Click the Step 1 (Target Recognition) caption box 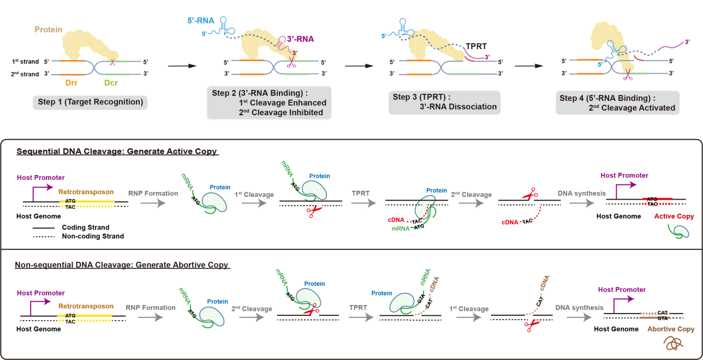click(x=90, y=102)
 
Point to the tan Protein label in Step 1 click(x=49, y=29)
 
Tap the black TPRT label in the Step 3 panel click(x=476, y=46)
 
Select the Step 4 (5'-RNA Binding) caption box click(x=618, y=103)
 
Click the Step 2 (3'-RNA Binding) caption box click(x=269, y=103)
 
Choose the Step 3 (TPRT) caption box click(x=445, y=102)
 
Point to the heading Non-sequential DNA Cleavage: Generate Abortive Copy click(x=122, y=265)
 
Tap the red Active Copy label click(x=674, y=217)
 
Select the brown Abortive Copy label click(x=671, y=329)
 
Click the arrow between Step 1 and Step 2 click(x=182, y=67)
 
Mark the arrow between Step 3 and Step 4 click(x=530, y=66)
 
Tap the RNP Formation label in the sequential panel click(x=152, y=193)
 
